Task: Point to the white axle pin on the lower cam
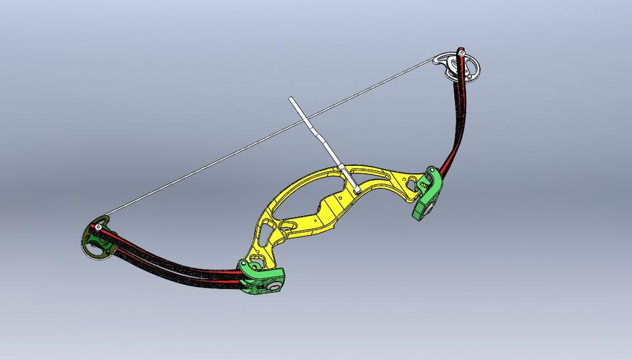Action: coord(98,228)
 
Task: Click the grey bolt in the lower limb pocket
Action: coord(271,288)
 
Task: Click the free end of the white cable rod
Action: coord(291,101)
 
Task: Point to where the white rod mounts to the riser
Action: coord(356,190)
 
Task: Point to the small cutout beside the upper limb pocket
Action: coord(411,181)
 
